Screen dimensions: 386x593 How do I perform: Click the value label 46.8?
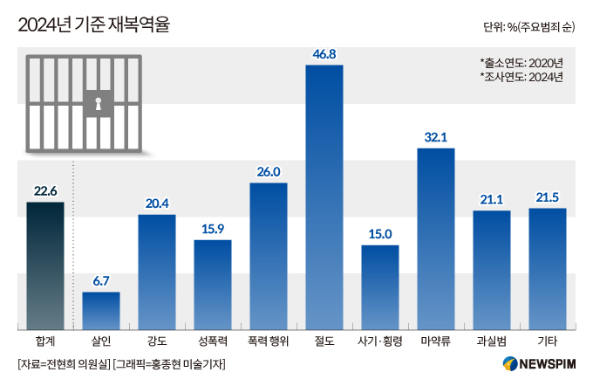(x=324, y=54)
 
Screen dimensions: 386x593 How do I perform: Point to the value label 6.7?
(x=101, y=280)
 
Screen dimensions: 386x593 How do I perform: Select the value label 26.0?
(x=269, y=172)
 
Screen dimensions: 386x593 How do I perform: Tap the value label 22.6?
(x=45, y=191)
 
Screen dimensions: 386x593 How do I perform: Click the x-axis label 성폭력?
(x=213, y=340)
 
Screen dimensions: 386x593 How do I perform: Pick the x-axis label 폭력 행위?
(x=269, y=340)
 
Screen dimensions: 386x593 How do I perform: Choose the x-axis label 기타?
(x=548, y=340)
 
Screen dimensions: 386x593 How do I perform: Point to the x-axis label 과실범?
(x=492, y=340)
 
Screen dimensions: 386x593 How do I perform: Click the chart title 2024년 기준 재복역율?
(x=93, y=25)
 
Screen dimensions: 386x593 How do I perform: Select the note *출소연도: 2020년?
(x=521, y=62)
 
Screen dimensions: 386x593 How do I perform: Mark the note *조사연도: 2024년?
(x=521, y=77)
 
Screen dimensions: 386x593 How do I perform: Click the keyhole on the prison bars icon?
(x=98, y=106)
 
